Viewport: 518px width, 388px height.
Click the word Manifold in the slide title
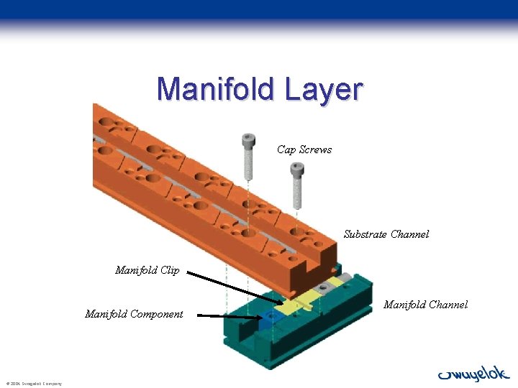tap(215, 89)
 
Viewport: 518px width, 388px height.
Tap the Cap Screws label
tap(304, 149)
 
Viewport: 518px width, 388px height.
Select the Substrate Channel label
tap(386, 234)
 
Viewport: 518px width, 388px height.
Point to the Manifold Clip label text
tap(147, 270)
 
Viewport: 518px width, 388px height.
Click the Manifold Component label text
tap(134, 313)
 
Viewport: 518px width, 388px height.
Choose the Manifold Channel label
tap(425, 305)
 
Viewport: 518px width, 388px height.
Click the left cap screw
tap(248, 156)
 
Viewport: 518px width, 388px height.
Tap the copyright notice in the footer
tap(34, 383)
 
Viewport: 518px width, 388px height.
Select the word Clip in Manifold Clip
tap(170, 270)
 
